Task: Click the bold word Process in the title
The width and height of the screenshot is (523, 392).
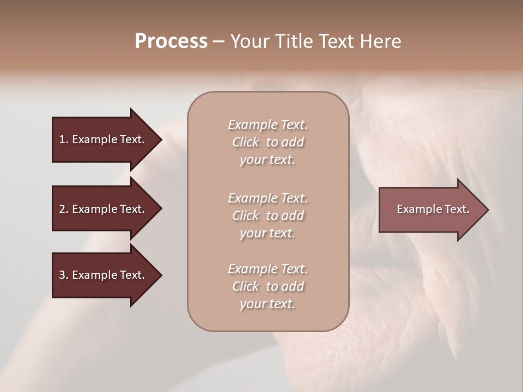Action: [171, 41]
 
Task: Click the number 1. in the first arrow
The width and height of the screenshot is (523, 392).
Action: [64, 139]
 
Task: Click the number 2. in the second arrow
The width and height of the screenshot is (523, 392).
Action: [64, 209]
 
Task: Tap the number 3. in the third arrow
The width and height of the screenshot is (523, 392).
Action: [64, 275]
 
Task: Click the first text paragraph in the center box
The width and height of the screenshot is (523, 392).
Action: [267, 142]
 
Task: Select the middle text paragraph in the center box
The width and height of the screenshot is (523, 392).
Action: [267, 216]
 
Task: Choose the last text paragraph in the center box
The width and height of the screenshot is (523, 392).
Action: [267, 286]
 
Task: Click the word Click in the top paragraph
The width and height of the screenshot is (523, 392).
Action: [246, 142]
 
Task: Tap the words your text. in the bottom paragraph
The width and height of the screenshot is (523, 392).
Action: [267, 304]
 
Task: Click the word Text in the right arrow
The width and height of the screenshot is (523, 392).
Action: [457, 209]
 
